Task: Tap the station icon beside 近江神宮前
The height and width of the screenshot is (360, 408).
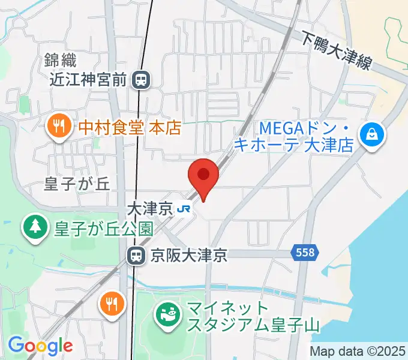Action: pos(142,79)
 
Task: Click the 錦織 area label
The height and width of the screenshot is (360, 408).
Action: pos(60,60)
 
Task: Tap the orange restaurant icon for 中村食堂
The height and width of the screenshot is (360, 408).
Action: pos(58,127)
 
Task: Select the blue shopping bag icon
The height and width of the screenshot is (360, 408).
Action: pos(373,134)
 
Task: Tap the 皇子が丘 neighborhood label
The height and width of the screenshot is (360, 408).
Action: pos(77,184)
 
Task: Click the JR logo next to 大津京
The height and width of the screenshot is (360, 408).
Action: pos(184,209)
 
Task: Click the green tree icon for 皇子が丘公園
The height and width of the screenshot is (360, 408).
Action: pos(35,227)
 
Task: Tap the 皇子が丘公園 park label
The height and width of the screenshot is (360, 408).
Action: pos(103,228)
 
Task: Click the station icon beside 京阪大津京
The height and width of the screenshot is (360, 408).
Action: pos(136,256)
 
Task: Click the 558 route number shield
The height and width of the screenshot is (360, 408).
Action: pos(305,254)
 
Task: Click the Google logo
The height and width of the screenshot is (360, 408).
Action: pos(40,346)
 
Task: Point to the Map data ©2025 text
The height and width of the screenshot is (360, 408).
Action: pos(358,351)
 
